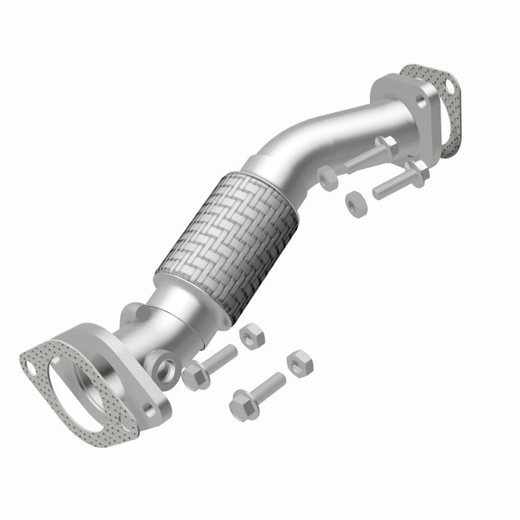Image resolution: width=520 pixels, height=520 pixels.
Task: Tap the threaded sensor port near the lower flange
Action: coord(163,365)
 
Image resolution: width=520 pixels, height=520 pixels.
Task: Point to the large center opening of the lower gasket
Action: coord(74,394)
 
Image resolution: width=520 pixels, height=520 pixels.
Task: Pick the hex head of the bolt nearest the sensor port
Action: coord(195,377)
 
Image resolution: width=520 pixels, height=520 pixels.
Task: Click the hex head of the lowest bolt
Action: coord(242,406)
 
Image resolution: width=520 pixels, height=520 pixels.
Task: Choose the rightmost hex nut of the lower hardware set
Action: coord(299,363)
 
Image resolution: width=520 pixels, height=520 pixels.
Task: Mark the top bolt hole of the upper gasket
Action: coord(450,88)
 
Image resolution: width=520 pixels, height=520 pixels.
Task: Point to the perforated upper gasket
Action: coord(442,111)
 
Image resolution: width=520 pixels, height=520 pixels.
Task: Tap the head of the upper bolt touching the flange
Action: coord(386,145)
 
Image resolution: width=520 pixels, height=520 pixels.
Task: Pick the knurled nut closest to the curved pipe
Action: coord(328,178)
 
